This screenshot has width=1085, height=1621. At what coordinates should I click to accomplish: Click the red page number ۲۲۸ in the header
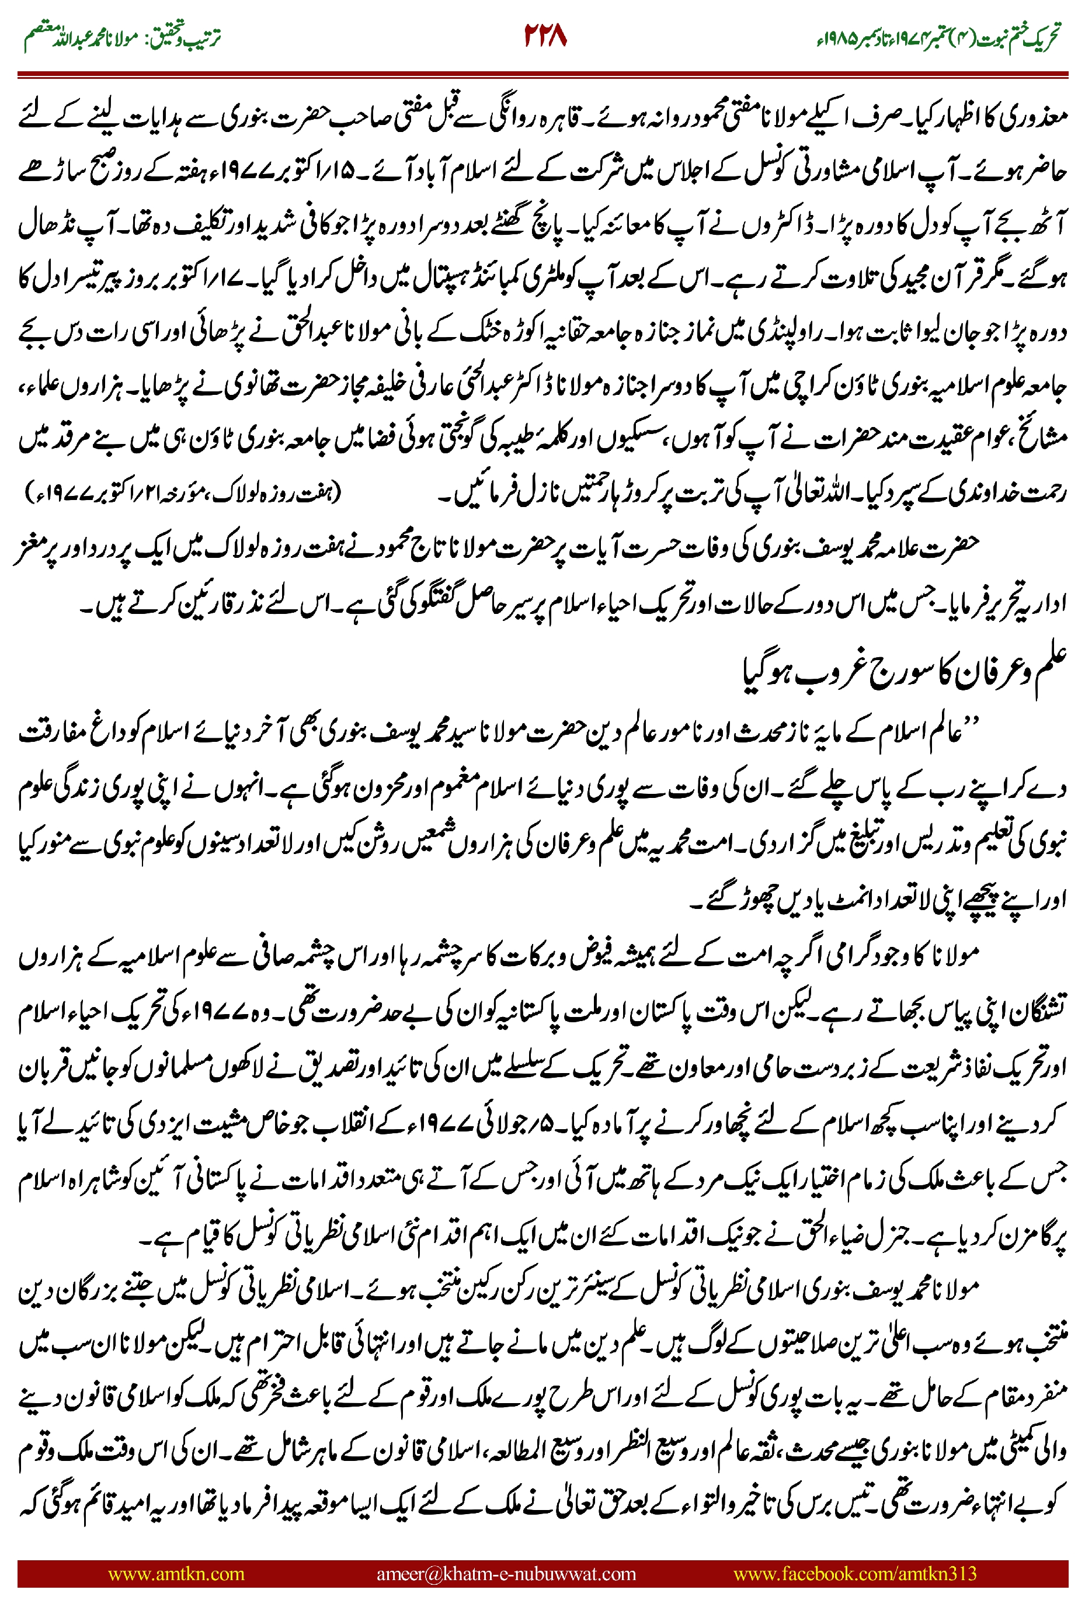[545, 36]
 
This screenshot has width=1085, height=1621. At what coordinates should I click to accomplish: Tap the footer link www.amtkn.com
[176, 1573]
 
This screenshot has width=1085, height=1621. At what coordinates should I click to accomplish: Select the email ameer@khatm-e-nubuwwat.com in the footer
[506, 1573]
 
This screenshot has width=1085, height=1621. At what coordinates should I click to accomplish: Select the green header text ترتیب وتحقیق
[183, 38]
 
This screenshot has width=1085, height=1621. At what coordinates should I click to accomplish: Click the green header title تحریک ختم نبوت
[1017, 38]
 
